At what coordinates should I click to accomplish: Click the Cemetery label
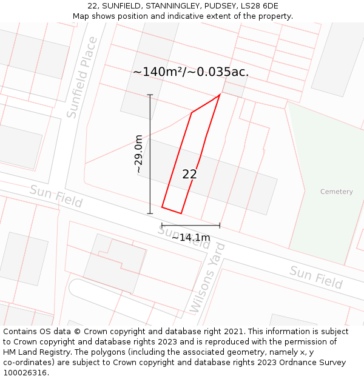[336, 192]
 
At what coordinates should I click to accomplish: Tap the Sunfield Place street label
[82, 77]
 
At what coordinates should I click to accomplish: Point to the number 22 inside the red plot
[189, 174]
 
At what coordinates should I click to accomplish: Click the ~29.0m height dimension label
[139, 154]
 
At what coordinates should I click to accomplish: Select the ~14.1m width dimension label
[190, 237]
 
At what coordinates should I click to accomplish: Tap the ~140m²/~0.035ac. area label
[190, 72]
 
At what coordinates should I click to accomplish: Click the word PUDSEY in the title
[218, 6]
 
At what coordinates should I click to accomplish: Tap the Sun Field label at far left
[56, 196]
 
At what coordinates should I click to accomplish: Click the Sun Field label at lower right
[315, 277]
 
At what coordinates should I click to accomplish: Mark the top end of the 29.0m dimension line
[150, 95]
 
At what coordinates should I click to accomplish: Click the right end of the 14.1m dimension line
[220, 226]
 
